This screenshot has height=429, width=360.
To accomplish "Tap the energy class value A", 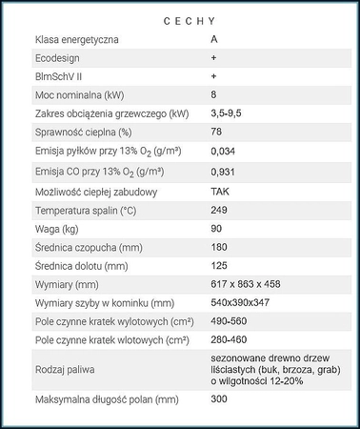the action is tap(213, 41).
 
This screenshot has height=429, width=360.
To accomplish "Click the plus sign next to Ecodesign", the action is tap(213, 59).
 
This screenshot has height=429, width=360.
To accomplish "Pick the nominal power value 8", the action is tap(213, 95).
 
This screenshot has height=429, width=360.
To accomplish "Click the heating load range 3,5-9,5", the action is tap(225, 114).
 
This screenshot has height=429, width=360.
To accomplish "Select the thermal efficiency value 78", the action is tap(216, 133).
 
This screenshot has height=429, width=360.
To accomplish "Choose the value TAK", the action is tap(220, 191).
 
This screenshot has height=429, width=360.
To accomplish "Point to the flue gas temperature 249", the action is tap(219, 210).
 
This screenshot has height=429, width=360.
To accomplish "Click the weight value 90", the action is tap(216, 229).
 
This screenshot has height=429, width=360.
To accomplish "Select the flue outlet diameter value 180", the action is tap(219, 247).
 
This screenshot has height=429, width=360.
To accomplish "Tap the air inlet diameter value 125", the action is tap(219, 265).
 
